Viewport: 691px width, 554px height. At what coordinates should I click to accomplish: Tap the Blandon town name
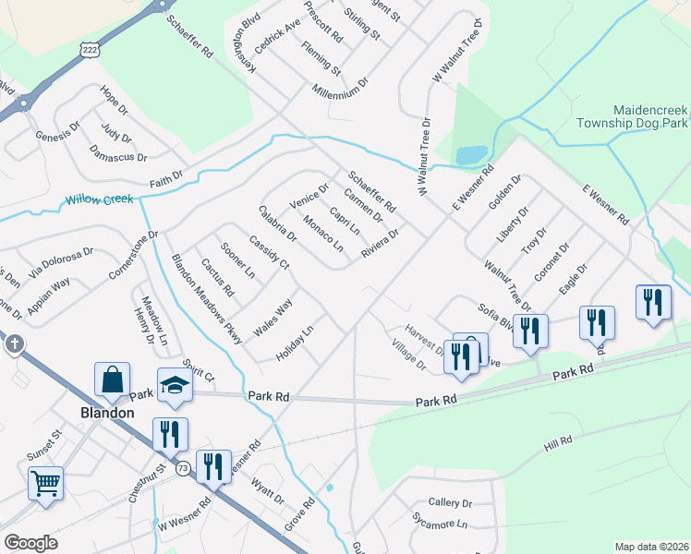click(105, 413)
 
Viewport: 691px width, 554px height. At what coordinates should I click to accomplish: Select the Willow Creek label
click(99, 199)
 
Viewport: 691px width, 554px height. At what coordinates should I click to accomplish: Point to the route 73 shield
click(183, 467)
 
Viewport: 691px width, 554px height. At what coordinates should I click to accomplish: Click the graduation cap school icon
click(174, 386)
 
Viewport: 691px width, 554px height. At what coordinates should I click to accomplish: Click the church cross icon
click(14, 344)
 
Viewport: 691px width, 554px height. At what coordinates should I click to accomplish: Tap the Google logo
click(30, 542)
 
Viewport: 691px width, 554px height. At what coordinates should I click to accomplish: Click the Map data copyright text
click(651, 547)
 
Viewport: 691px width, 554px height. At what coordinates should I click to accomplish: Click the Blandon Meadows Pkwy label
click(207, 299)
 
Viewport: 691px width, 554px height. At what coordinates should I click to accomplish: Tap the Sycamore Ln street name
click(441, 524)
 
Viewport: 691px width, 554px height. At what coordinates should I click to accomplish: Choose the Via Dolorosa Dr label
click(61, 262)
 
